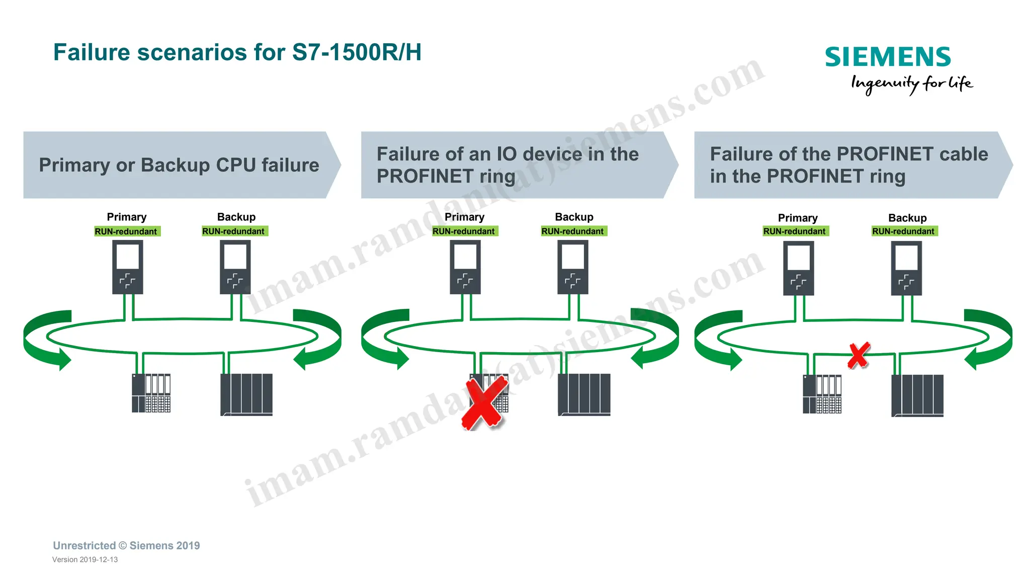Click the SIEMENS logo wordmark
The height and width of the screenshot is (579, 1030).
coord(888,57)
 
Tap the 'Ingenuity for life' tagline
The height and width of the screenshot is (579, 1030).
coord(911,84)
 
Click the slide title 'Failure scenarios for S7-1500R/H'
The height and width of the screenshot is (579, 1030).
coord(237,52)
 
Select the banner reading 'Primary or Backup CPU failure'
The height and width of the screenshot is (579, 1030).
coord(179,165)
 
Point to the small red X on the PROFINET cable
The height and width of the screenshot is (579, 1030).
coord(859,355)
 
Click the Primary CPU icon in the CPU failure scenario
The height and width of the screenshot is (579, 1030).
coord(127,267)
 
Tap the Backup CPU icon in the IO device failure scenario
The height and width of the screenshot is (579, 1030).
coord(573,267)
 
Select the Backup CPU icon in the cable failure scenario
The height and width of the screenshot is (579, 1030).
coord(906,268)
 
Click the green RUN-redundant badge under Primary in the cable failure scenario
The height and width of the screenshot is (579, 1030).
coord(795,231)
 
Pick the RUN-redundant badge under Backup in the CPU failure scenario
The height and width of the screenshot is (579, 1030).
coord(234,231)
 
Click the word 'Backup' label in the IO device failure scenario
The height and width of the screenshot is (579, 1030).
coord(574,217)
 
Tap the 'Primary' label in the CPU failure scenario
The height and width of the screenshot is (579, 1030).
coord(127,217)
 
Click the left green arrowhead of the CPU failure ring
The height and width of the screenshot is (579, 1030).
coord(62,359)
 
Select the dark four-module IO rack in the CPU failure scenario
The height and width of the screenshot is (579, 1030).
coord(246,394)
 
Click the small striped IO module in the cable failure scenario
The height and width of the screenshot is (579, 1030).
coord(822,394)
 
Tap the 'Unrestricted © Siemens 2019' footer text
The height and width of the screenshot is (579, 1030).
coord(126,546)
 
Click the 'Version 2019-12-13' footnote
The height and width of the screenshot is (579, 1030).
coord(85,559)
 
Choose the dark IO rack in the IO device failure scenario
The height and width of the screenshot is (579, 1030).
coord(584,394)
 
